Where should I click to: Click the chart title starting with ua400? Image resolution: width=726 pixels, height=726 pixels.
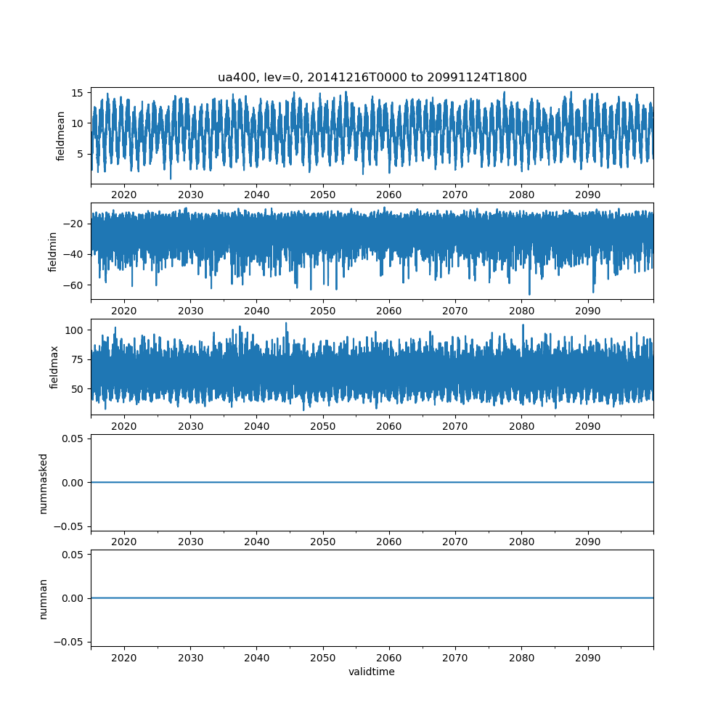372,77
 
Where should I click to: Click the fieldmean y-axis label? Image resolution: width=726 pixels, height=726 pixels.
61,136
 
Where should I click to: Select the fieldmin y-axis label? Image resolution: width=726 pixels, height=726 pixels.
52,251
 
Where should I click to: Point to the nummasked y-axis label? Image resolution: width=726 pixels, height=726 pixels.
43,483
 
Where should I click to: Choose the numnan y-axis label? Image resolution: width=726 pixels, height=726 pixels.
43,598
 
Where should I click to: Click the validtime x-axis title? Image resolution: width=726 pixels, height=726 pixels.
372,672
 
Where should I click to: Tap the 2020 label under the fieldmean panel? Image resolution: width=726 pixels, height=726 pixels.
124,195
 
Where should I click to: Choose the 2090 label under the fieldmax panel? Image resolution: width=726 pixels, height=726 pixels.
587,426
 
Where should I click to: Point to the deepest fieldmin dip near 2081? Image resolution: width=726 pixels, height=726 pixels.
529,294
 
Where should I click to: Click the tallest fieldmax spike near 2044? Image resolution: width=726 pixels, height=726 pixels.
286,323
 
